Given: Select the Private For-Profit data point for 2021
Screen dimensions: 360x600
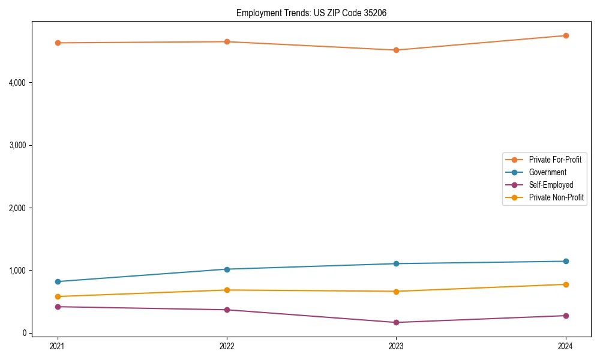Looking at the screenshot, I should coord(58,43).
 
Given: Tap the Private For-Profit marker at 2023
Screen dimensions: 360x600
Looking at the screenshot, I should coord(396,50).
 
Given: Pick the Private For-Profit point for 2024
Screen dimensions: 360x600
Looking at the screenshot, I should coord(566,35).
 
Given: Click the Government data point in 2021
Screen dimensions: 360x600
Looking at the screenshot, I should coord(58,281).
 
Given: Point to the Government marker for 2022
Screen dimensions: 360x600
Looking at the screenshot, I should coord(227,269).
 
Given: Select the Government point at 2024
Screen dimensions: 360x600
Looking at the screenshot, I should coord(566,261).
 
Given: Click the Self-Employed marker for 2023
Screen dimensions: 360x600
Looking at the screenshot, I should coord(396,322).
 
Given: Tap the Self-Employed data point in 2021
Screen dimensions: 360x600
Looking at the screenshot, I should coord(58,307).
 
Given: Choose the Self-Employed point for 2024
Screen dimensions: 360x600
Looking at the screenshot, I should coord(566,316).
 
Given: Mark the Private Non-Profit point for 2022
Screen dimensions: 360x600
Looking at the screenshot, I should coord(227,290).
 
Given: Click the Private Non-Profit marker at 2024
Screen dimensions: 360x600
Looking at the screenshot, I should coord(566,284).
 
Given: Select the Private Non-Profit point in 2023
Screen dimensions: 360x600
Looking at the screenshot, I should coord(396,291).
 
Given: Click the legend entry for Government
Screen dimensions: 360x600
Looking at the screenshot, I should coord(547,172).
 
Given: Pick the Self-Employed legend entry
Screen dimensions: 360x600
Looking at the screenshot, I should coord(551,185).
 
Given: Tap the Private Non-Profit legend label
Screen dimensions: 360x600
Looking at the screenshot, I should coord(556,197).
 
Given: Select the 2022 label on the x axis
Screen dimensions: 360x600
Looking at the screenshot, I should coord(227,346).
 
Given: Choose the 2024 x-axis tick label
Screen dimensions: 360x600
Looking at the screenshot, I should coord(566,346).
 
